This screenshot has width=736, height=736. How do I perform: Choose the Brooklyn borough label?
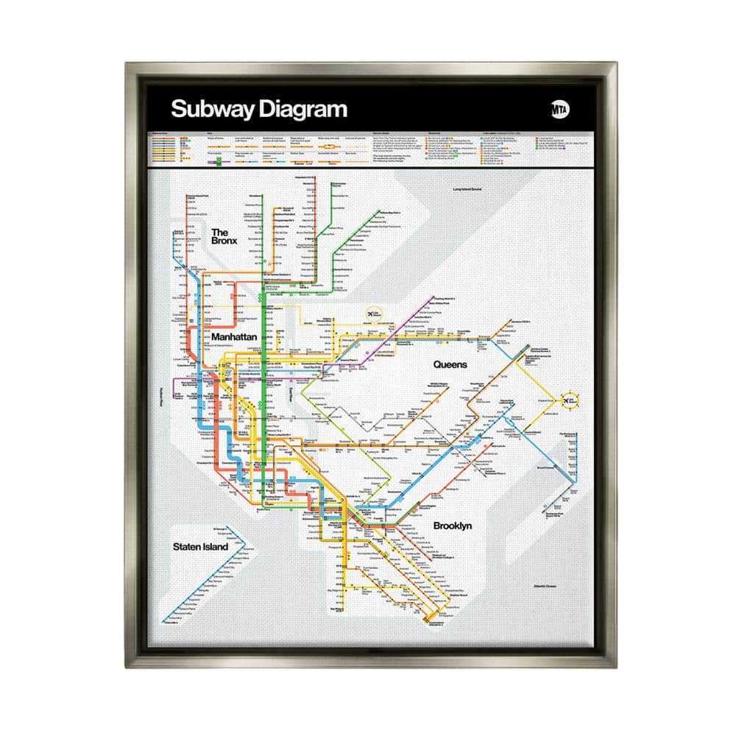(x=452, y=526)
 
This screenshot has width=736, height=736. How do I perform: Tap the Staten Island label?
(x=200, y=547)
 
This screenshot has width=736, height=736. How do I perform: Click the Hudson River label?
(x=170, y=396)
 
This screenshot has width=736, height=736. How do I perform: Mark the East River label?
(x=290, y=395)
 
